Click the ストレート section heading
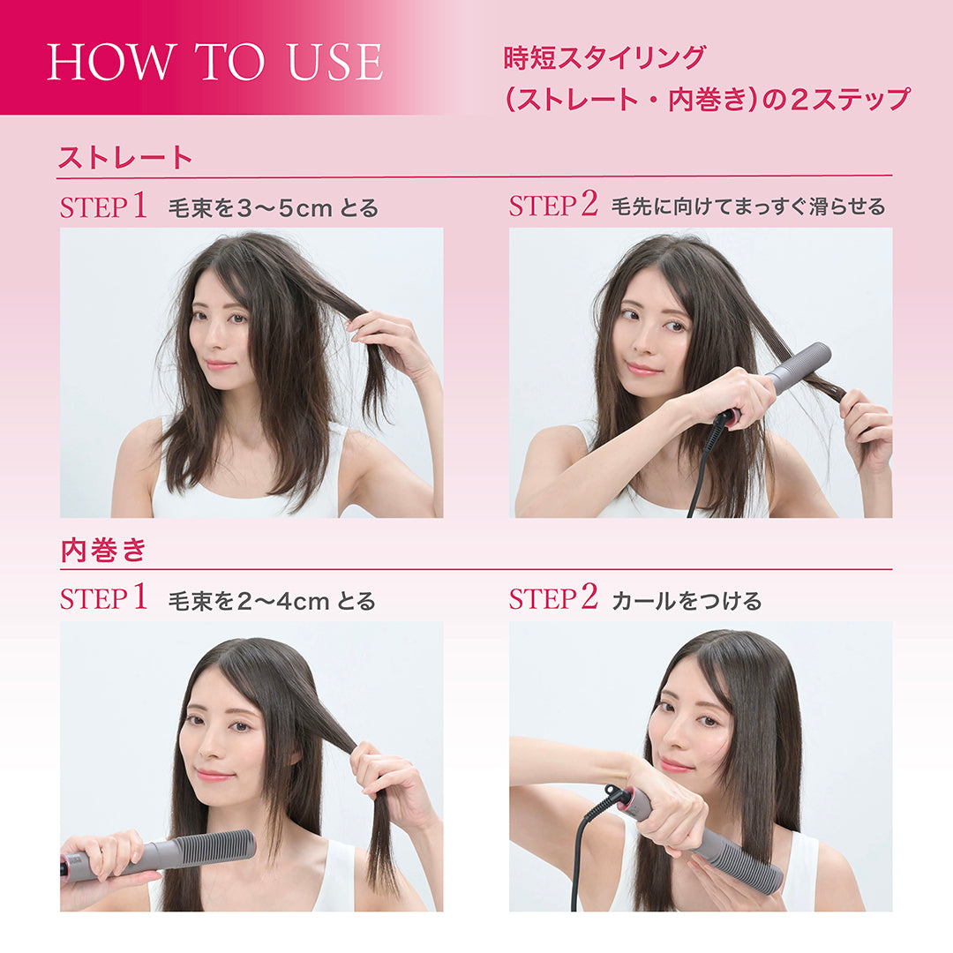[x=124, y=158]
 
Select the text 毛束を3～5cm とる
[x=273, y=208]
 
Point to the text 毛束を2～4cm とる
[x=272, y=602]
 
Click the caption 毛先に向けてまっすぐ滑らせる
[x=748, y=207]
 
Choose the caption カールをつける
[x=687, y=602]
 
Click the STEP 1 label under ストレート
[x=103, y=207]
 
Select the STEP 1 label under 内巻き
[x=103, y=600]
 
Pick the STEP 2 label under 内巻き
[x=553, y=600]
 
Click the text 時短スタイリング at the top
[x=604, y=58]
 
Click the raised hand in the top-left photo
[x=388, y=340]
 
